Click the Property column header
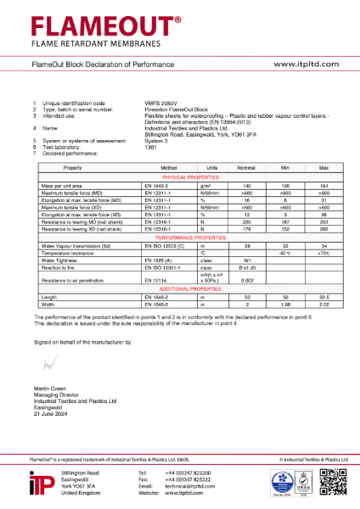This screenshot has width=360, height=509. pos(63,168)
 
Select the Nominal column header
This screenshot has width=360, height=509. pos(248,168)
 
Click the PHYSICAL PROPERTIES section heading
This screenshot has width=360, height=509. pos(179,176)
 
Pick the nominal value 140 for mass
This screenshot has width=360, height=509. pos(248,184)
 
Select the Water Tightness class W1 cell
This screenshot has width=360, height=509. pos(248,260)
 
